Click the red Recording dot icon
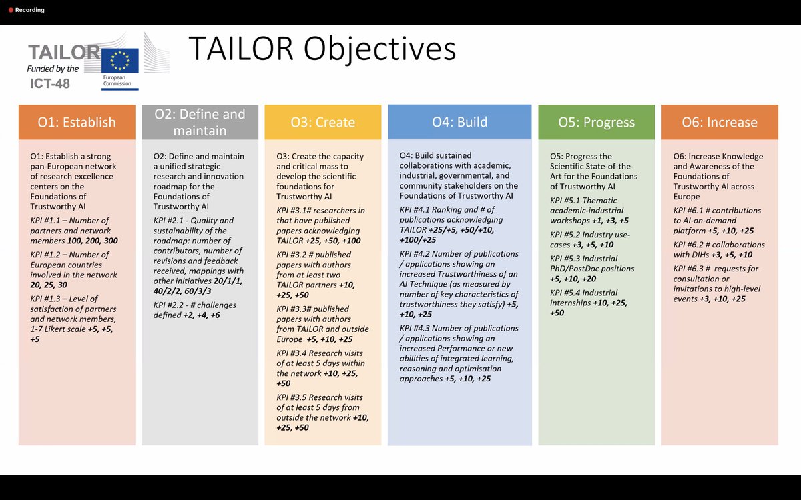(11, 10)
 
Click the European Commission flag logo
(120, 60)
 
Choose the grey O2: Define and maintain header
(200, 122)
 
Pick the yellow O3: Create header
(322, 122)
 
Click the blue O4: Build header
(459, 122)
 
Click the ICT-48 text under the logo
(50, 83)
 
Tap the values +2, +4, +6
(200, 315)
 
